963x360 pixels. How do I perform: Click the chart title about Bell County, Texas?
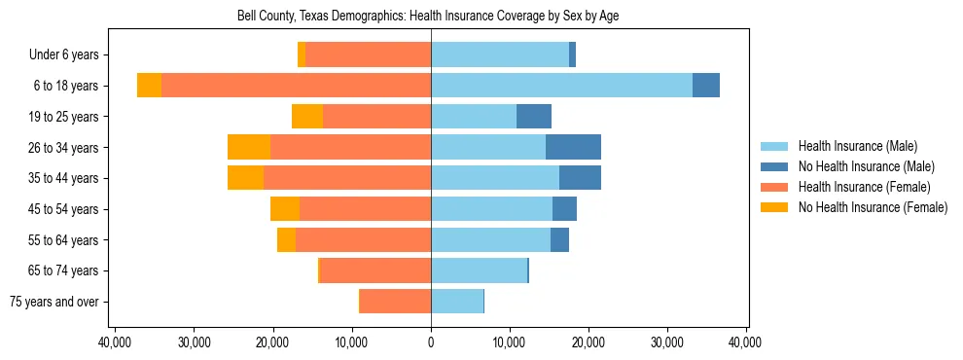click(x=428, y=17)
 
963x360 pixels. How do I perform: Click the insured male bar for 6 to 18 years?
click(x=561, y=86)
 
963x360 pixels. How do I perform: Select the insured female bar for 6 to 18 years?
click(x=296, y=86)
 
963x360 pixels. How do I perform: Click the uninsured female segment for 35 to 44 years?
click(x=245, y=178)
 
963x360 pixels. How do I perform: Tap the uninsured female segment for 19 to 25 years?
click(x=306, y=117)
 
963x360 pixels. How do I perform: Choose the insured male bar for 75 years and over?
click(x=457, y=302)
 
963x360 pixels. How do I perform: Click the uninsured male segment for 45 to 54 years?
click(x=564, y=209)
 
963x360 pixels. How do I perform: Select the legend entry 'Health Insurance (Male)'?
click(x=857, y=146)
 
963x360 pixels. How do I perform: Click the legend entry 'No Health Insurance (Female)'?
click(x=873, y=206)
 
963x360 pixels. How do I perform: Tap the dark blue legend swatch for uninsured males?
click(x=775, y=166)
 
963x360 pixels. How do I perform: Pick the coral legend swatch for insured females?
click(x=775, y=187)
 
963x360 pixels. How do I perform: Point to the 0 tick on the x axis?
click(x=431, y=342)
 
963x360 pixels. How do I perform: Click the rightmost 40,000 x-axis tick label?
click(x=746, y=342)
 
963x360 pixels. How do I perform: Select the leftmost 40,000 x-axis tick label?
click(x=116, y=342)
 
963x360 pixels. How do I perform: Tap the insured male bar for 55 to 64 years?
click(x=490, y=239)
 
